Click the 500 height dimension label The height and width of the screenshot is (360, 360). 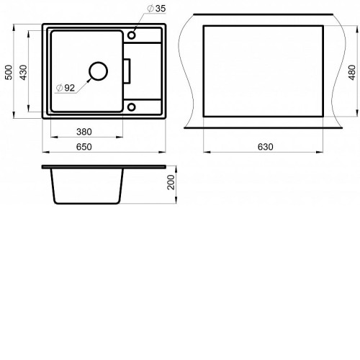[9, 72]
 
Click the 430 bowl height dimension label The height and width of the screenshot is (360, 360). [24, 72]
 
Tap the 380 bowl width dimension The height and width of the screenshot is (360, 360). [84, 132]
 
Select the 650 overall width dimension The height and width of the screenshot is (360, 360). [84, 147]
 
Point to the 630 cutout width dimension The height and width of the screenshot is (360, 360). [266, 147]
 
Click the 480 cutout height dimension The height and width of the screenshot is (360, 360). [352, 72]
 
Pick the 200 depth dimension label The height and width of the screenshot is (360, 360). [171, 182]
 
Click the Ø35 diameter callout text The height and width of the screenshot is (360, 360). [156, 9]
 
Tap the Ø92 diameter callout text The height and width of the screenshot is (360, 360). [66, 88]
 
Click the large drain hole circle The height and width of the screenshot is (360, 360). [98, 62]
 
